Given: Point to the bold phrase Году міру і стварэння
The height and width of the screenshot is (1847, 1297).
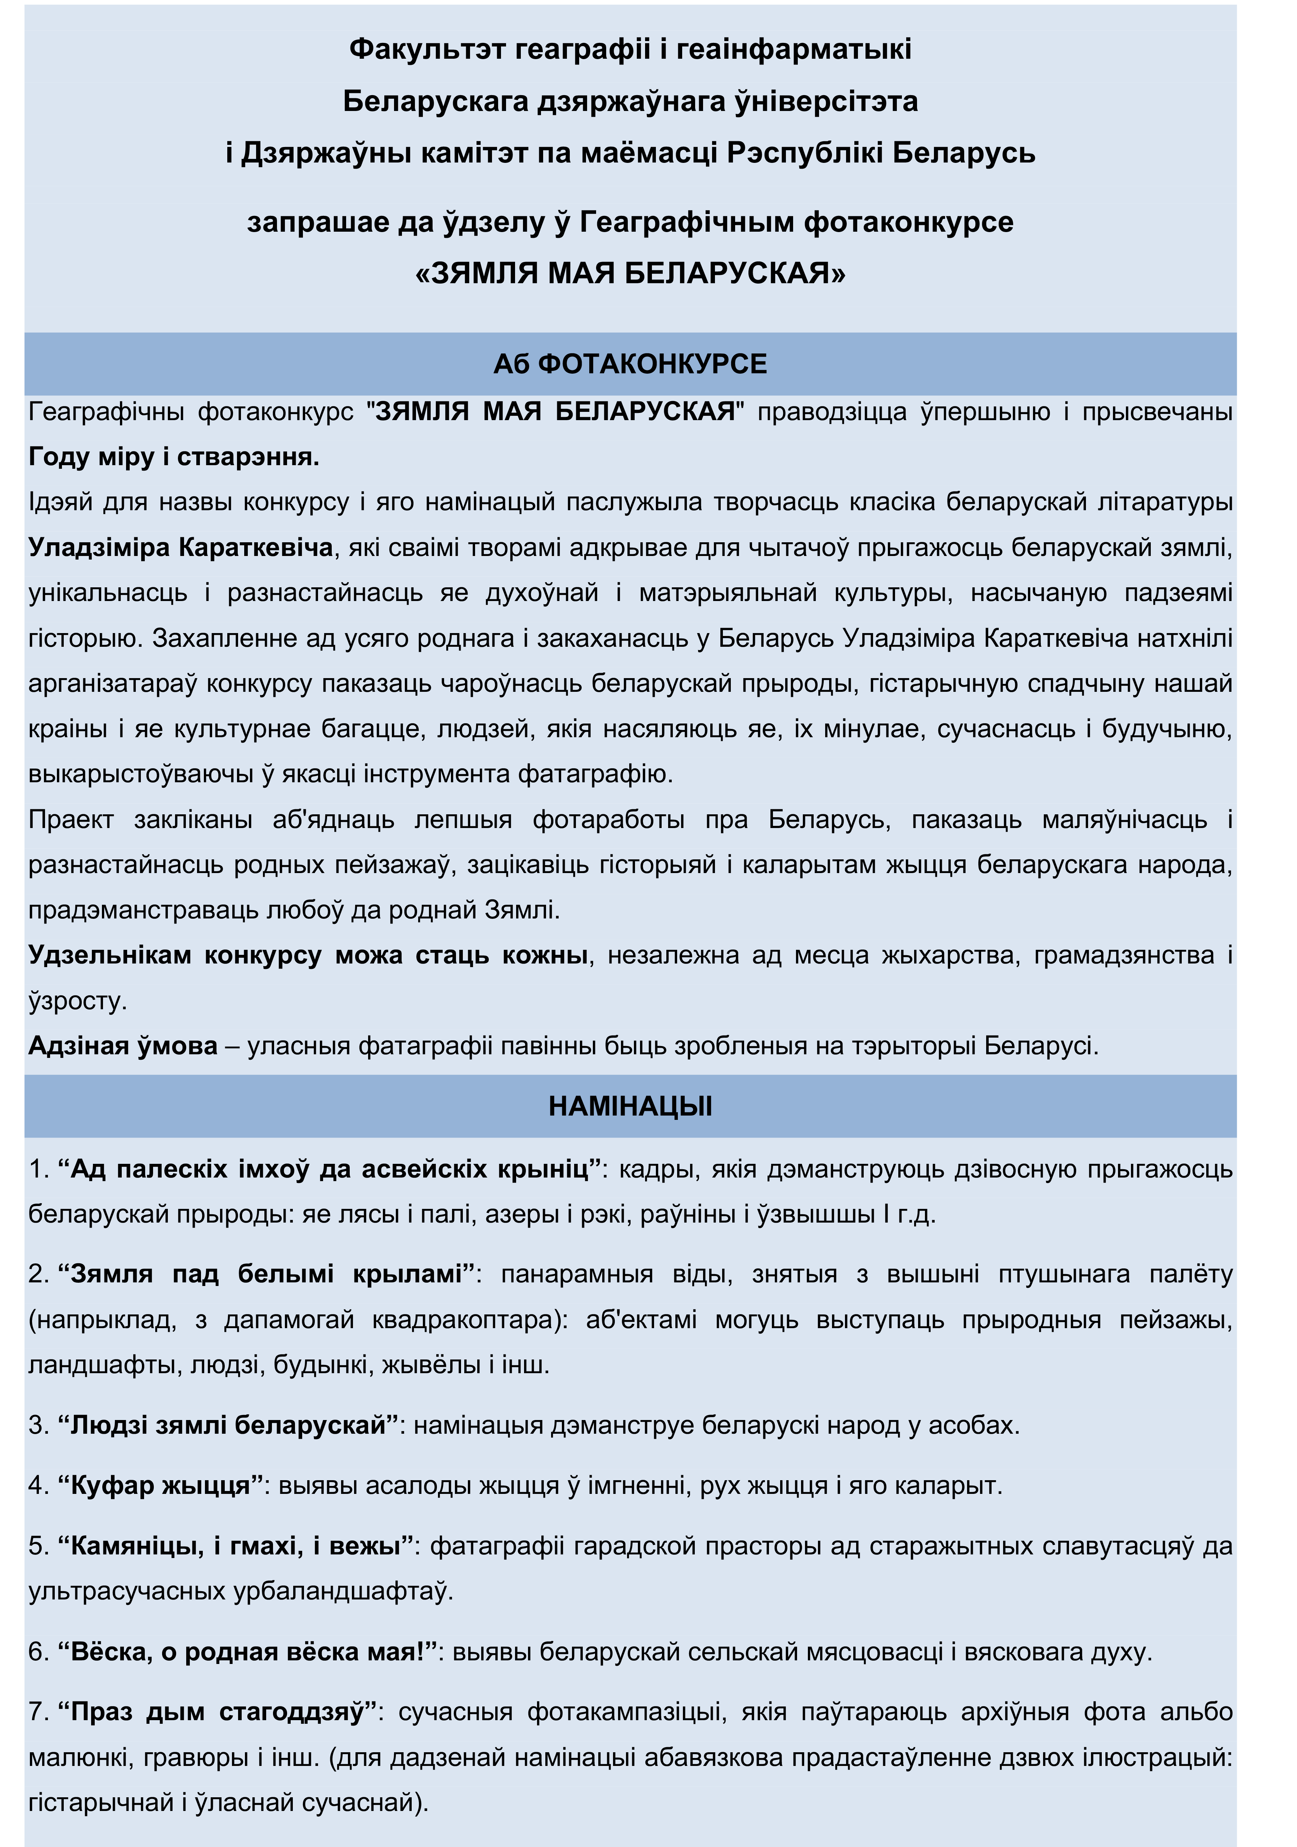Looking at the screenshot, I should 174,457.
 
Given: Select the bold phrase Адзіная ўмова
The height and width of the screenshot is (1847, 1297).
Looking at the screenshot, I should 122,1046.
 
